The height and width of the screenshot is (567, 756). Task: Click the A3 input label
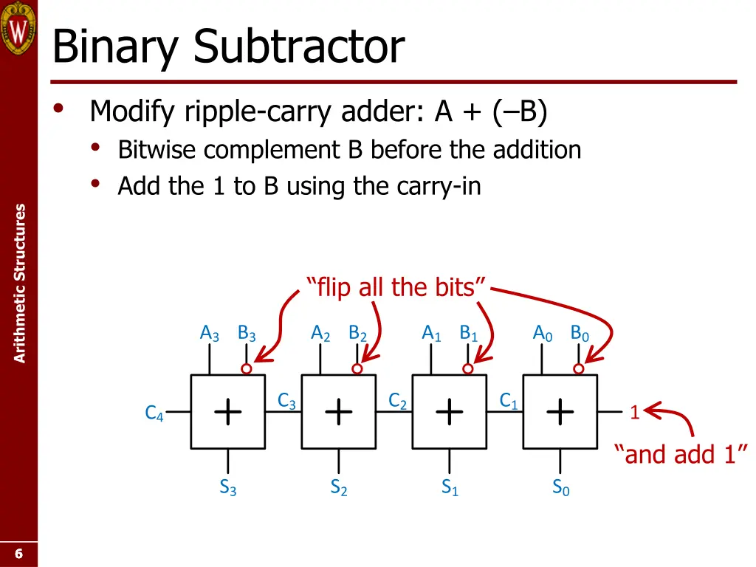click(210, 334)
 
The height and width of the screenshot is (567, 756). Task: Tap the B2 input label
click(357, 334)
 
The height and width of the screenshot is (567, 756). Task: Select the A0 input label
click(543, 334)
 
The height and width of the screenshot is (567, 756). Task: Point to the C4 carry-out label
click(154, 413)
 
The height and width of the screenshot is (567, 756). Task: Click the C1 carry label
click(509, 401)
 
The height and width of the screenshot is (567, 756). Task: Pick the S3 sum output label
click(227, 487)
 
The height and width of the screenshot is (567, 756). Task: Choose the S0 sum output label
click(560, 487)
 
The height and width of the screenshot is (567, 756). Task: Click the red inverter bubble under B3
click(247, 368)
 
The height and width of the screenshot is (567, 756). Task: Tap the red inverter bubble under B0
click(579, 368)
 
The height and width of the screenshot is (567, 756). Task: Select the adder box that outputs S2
click(339, 411)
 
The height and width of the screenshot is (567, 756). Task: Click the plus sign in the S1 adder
click(450, 411)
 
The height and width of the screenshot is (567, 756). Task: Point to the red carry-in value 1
click(634, 413)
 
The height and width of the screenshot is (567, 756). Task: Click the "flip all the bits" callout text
click(396, 286)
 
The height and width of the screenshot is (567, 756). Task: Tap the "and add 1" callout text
click(681, 453)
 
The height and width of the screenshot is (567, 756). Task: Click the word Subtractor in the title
click(299, 47)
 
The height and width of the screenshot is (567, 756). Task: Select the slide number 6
click(18, 554)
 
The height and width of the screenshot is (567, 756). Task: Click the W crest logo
click(18, 28)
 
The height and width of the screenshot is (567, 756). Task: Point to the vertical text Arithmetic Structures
click(20, 283)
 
